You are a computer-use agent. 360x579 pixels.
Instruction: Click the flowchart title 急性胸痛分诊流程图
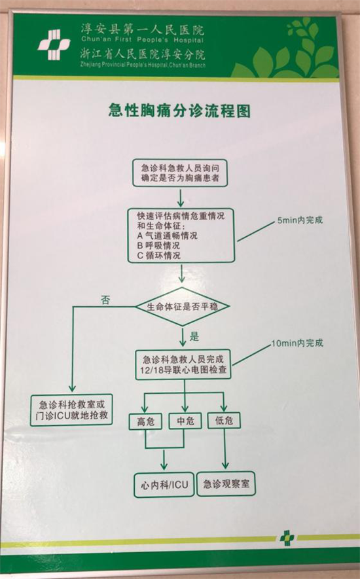coord(179,111)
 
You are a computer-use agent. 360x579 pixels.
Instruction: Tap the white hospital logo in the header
coord(54,45)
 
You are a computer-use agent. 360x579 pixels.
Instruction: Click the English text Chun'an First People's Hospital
coord(142,40)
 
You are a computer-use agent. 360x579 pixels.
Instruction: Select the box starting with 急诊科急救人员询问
coord(180,173)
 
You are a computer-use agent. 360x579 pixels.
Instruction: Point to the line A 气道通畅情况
coord(167,236)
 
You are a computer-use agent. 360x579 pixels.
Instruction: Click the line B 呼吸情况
coord(158,245)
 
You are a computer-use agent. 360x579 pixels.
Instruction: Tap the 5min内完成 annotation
coord(300,220)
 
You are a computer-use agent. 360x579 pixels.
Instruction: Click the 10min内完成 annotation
coord(298,343)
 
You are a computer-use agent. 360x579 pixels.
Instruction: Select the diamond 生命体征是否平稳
coord(182,306)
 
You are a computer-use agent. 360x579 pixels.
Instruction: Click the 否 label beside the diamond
coord(105,300)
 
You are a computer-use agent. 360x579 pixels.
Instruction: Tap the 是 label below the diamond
coord(194,336)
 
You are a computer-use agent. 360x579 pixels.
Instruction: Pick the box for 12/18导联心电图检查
coord(183,365)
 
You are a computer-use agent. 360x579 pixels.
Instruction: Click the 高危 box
coord(145,421)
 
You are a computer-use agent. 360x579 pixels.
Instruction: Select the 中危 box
coord(185,421)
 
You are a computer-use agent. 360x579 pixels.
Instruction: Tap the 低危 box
coord(224,421)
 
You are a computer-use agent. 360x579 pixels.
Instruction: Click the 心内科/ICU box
coord(164,485)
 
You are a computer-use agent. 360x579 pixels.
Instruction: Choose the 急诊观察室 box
coord(226,483)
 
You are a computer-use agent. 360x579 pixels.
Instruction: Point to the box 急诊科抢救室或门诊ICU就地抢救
coord(71,410)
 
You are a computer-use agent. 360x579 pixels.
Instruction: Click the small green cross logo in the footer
coord(287,538)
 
